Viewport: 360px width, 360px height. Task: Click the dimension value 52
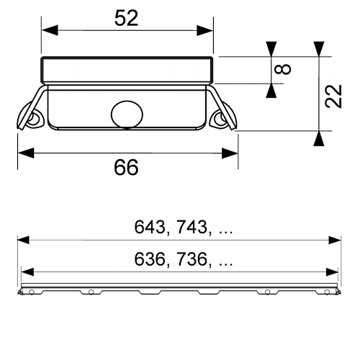coord(126,18)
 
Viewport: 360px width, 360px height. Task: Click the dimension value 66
coord(126,167)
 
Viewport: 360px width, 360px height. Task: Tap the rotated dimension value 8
coord(283,69)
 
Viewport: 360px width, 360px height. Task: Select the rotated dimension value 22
coord(333,96)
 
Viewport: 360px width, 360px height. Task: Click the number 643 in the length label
coord(150,227)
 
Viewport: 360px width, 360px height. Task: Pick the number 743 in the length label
coord(192,227)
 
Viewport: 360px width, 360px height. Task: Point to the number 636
coord(150,259)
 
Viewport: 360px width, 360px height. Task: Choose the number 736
coord(192,259)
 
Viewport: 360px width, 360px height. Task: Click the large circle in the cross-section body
coord(127,114)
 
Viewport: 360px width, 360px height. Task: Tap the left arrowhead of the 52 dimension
coord(50,30)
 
